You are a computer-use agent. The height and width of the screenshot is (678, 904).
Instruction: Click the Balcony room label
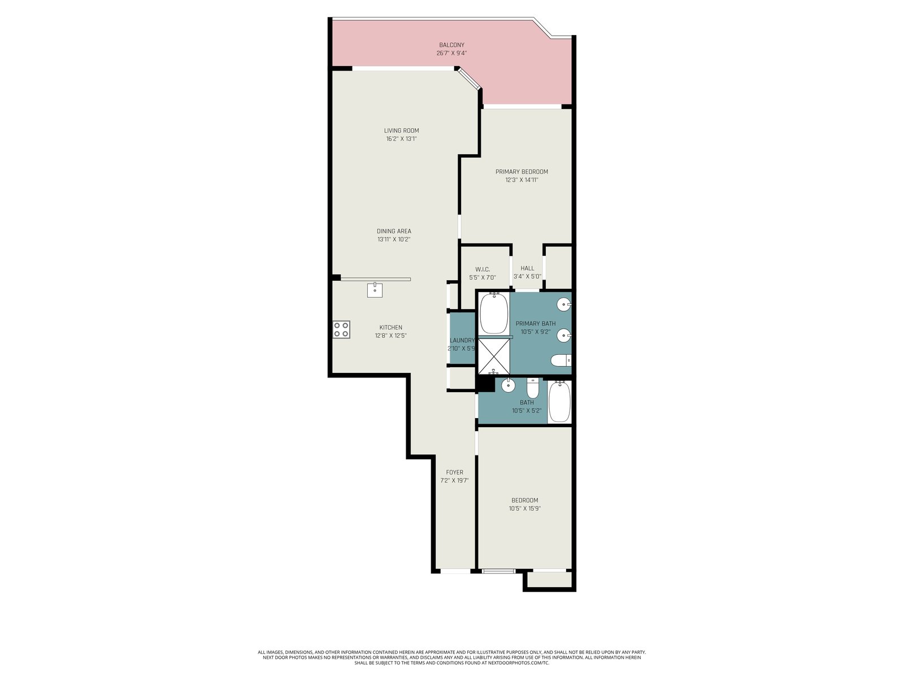451,45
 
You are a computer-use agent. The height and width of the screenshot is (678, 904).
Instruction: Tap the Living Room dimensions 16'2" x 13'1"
401,139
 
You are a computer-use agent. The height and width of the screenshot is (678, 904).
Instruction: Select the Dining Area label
394,231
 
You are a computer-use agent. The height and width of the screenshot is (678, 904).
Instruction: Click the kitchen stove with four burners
341,329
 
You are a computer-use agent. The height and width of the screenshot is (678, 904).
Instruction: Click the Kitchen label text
390,327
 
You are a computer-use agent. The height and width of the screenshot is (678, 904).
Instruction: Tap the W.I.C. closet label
483,270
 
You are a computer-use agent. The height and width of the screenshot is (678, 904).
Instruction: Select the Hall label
527,268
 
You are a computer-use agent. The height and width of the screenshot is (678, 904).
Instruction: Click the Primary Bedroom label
521,172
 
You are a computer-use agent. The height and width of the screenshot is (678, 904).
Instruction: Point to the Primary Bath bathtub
494,313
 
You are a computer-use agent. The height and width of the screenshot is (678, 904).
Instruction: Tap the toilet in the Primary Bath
561,360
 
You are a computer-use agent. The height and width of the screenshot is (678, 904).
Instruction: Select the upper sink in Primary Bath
564,305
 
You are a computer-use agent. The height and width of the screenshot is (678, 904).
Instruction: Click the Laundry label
462,340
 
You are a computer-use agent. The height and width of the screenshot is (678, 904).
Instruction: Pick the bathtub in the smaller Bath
560,401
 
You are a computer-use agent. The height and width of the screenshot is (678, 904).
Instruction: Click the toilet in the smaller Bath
533,388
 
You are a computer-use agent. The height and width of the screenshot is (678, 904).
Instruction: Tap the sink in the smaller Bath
508,385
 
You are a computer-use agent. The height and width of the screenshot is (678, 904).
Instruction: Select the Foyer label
454,472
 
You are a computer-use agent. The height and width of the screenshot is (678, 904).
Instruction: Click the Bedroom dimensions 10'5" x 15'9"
525,508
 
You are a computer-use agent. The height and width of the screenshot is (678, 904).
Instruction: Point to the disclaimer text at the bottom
452,658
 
